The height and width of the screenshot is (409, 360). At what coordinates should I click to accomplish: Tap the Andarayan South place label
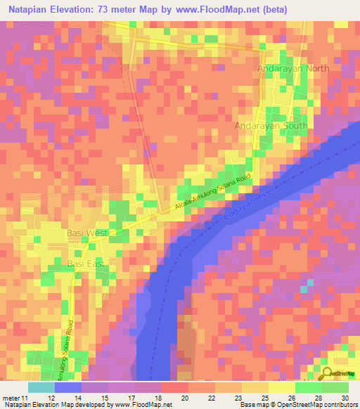[x=266, y=126]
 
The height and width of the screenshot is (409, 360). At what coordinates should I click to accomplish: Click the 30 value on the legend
[x=344, y=398]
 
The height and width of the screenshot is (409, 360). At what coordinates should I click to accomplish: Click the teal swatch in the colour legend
[x=41, y=387]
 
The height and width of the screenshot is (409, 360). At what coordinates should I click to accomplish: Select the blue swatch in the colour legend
[x=67, y=387]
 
